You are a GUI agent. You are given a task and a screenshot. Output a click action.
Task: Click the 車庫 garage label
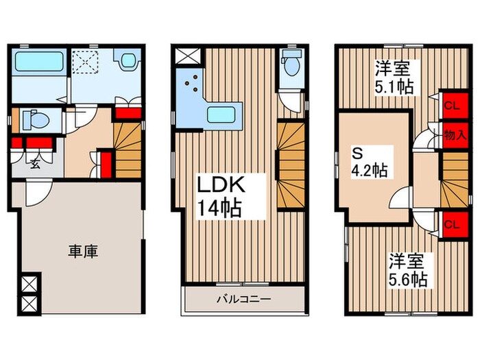click(x=82, y=251)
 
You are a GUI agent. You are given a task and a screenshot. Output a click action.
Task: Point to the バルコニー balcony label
click(x=244, y=299)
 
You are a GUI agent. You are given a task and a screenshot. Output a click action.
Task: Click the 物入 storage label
click(x=451, y=134)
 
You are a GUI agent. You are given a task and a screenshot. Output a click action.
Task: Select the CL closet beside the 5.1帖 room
click(x=451, y=105)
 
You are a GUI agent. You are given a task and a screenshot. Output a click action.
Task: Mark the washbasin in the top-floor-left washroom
click(x=126, y=61)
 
